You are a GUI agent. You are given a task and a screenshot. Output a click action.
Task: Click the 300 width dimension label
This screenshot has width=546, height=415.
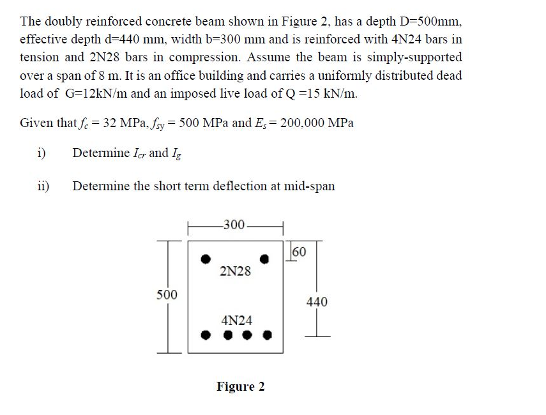(x=236, y=225)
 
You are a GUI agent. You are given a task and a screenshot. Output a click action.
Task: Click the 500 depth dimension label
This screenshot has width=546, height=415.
(x=167, y=294)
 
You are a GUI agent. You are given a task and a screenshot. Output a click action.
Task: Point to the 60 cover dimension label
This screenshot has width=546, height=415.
(x=299, y=251)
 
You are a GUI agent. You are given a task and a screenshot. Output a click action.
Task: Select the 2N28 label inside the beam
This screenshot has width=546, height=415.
(x=235, y=271)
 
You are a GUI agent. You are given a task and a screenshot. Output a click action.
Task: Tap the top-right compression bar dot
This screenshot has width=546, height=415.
(x=265, y=259)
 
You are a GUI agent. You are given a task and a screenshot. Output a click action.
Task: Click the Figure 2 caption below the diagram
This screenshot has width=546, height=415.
(x=241, y=386)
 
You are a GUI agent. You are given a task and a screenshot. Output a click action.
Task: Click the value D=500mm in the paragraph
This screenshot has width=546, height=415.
(x=428, y=21)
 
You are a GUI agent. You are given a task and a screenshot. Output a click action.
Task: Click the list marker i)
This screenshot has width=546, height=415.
(x=42, y=153)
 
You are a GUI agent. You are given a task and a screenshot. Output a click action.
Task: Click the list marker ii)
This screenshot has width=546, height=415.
(x=44, y=186)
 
